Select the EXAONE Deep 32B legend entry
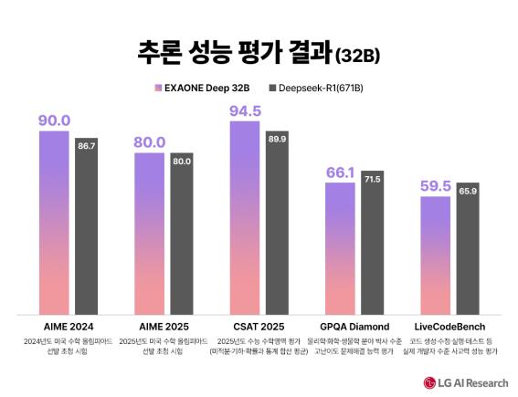tap(203, 89)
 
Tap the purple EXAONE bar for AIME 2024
tap(54, 224)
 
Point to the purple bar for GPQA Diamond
tap(340, 248)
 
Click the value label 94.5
tap(245, 110)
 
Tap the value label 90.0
tap(54, 120)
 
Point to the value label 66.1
tap(340, 172)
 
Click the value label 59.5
tap(436, 185)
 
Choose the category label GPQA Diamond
tap(355, 326)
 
